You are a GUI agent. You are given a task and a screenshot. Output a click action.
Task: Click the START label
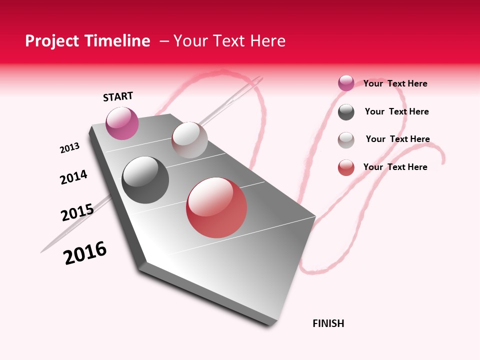point(118,96)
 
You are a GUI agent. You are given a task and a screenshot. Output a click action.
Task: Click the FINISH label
point(328,323)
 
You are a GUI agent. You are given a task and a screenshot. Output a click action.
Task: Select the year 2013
point(69,148)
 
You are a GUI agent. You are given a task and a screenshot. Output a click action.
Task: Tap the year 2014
point(73,177)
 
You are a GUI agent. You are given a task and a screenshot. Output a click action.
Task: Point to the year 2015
point(77,212)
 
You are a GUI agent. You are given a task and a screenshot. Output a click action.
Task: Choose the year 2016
point(85,253)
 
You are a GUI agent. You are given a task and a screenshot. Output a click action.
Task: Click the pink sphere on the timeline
point(122,123)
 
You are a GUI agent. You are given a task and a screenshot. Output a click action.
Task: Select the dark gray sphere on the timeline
point(145,180)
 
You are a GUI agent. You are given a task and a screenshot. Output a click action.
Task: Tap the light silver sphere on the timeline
point(189,140)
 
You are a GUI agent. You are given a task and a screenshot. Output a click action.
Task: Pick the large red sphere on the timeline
point(216,207)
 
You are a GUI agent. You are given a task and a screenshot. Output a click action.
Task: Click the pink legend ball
point(346,83)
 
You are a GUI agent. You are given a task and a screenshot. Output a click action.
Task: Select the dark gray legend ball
point(346,112)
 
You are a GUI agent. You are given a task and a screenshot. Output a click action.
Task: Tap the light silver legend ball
point(346,140)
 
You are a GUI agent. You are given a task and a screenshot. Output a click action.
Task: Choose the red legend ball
point(346,167)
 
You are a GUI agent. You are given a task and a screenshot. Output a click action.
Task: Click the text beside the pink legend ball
point(395,83)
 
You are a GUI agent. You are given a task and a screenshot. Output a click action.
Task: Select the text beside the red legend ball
point(395,167)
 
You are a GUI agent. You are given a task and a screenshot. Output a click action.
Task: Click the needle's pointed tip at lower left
point(42,251)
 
